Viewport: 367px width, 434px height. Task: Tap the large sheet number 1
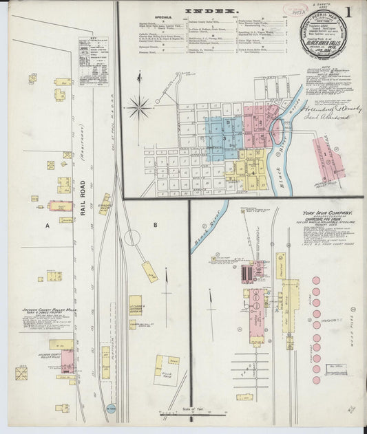pos(350,12)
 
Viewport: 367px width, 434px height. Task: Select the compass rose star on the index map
pos(139,107)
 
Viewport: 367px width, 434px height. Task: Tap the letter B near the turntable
pos(156,224)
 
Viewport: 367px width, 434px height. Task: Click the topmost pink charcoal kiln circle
pos(316,281)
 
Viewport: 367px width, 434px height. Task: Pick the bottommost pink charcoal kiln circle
pos(316,379)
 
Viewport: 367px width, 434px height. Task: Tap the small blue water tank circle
pos(112,409)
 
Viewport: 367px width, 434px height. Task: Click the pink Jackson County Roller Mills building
pos(67,359)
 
